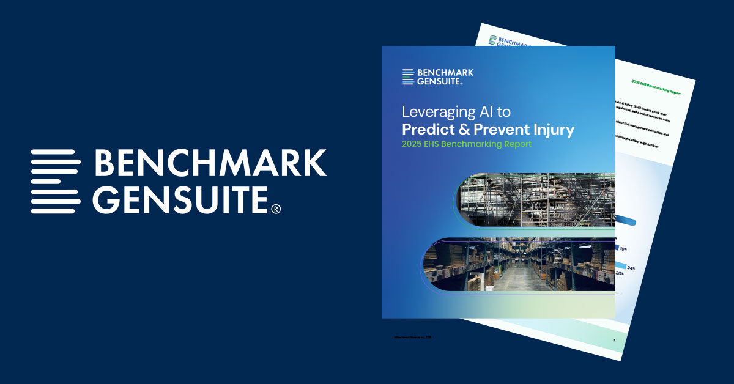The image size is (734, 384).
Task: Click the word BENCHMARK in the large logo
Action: click(x=210, y=163)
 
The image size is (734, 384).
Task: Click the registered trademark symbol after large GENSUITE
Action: click(x=276, y=209)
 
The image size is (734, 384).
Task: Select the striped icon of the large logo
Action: click(x=56, y=181)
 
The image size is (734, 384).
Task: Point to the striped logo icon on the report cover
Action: click(x=409, y=76)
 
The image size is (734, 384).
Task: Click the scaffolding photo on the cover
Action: click(x=538, y=199)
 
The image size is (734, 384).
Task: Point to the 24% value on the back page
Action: click(x=630, y=268)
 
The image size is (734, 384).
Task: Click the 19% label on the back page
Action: click(x=623, y=249)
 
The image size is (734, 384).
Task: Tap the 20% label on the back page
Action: click(x=620, y=273)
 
